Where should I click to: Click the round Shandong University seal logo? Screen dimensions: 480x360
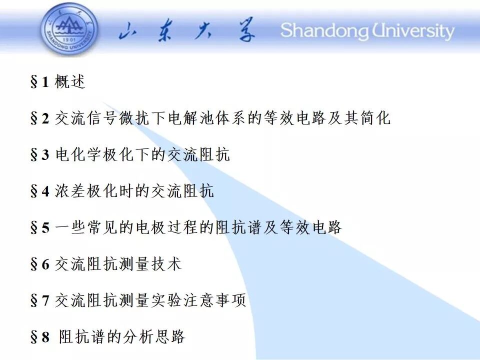point(70,30)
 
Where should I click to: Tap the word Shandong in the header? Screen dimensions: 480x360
point(324,31)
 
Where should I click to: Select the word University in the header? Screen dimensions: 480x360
point(413,31)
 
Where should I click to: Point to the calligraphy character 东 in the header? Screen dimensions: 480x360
point(165,31)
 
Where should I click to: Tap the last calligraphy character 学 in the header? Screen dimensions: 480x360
point(246,30)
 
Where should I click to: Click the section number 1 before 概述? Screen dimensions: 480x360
point(45,82)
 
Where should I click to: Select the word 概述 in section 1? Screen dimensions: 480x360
point(70,81)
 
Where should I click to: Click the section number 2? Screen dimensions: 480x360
point(45,118)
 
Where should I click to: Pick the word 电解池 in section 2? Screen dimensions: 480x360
point(191,118)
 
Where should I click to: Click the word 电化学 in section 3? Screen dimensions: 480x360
point(78,154)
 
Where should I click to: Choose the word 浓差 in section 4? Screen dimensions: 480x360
point(70,190)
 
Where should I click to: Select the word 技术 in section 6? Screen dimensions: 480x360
point(166,263)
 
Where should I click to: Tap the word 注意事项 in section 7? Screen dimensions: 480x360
point(215,300)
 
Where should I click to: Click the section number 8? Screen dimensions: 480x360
point(45,337)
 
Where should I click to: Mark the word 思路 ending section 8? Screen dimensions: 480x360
point(170,336)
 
